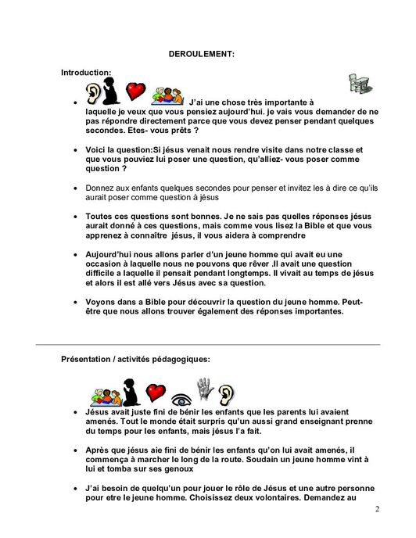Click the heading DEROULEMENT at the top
point(201,54)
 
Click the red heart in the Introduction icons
point(136,91)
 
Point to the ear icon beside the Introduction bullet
point(94,93)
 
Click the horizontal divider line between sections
point(208,344)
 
